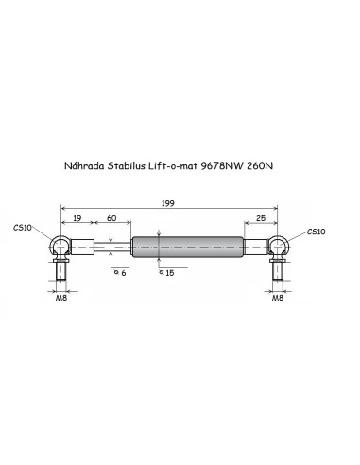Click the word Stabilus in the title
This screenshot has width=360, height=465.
click(x=126, y=165)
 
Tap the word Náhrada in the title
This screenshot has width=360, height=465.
click(x=84, y=165)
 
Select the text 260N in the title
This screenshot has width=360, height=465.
click(x=260, y=165)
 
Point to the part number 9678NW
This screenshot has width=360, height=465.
click(x=222, y=165)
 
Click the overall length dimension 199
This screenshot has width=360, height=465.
click(x=167, y=203)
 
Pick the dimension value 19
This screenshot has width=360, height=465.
click(x=77, y=218)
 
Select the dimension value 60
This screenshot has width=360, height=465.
click(x=111, y=218)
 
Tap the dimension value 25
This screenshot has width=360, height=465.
click(x=261, y=218)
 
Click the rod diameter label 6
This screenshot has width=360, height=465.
click(x=123, y=273)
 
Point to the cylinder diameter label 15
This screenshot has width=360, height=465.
click(x=169, y=273)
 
